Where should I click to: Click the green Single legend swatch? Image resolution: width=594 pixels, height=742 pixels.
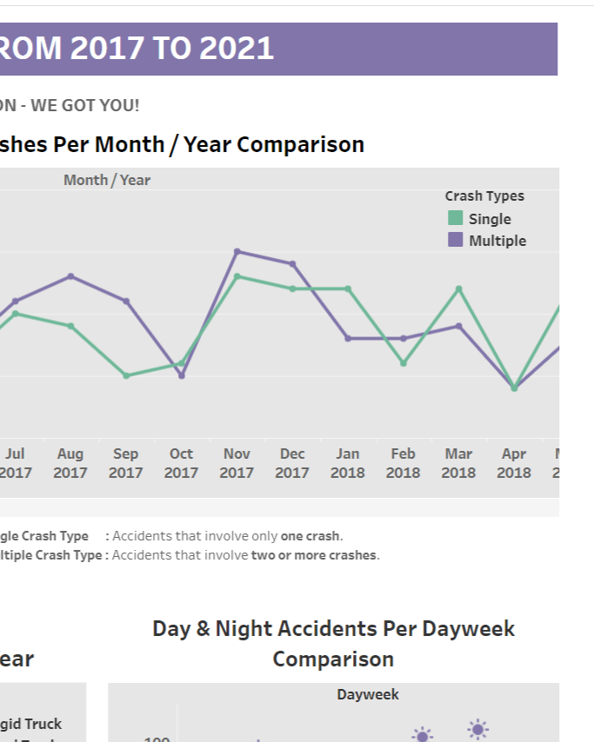(456, 218)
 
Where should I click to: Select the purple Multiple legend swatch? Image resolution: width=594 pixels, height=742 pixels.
(456, 240)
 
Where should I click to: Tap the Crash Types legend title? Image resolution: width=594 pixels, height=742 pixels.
(484, 196)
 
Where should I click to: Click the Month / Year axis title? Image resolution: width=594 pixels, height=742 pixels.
(107, 180)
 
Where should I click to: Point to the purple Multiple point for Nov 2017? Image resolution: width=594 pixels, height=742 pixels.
(237, 251)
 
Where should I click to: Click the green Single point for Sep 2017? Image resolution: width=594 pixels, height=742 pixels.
(126, 375)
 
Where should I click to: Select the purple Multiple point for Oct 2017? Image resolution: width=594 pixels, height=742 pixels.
(181, 375)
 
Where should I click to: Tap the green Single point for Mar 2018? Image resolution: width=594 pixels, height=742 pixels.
(458, 288)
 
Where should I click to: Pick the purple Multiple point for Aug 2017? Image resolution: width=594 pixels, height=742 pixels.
(70, 276)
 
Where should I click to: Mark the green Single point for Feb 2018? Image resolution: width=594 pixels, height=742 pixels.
(404, 363)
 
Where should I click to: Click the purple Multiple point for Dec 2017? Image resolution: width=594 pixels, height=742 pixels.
(292, 263)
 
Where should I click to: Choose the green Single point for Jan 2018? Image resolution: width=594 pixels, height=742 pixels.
(348, 288)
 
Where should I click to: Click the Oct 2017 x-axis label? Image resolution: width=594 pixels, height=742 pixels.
(181, 463)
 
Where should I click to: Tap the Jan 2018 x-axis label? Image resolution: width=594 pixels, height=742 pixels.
(348, 463)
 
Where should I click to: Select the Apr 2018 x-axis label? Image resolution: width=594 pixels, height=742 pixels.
(514, 463)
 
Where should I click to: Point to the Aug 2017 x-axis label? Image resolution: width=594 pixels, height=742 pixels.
(70, 463)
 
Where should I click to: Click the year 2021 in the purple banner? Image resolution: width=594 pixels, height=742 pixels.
(237, 49)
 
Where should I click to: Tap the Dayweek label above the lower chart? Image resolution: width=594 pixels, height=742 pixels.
(368, 694)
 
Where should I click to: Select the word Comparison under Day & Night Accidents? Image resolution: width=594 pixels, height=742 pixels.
(333, 659)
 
